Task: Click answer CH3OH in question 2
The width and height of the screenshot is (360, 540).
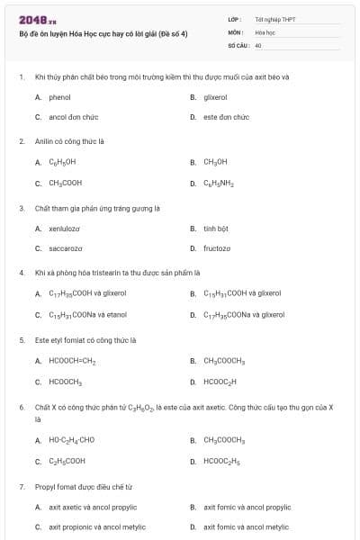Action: coord(215,162)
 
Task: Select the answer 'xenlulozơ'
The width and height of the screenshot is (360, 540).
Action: coord(65,229)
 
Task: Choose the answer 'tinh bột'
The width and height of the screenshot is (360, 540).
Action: coord(216,229)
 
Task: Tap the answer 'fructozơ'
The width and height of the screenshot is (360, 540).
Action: coord(217,248)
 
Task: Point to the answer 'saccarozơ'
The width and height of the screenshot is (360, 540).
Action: coord(65,248)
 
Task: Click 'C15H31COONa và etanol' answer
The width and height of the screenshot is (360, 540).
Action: coord(87,315)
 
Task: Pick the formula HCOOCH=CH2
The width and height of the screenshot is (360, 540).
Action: coord(72,361)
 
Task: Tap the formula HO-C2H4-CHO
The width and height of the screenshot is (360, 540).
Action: coord(71,440)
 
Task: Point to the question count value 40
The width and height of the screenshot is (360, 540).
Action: coord(258,44)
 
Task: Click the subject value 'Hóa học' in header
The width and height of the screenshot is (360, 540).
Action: coord(265,31)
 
